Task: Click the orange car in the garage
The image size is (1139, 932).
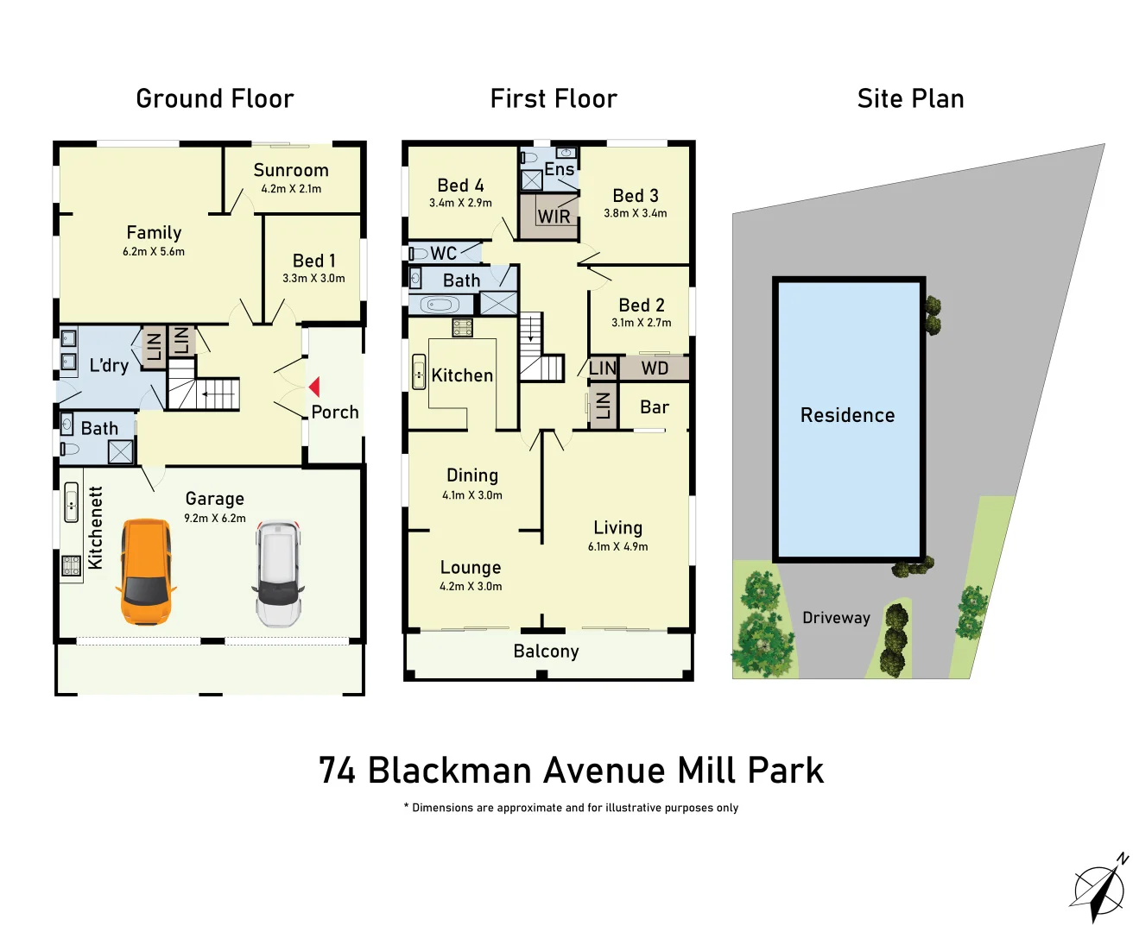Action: [146, 571]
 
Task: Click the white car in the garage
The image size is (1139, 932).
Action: [278, 572]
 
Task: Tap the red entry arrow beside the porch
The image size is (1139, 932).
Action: [314, 387]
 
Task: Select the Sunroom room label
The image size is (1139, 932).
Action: [291, 170]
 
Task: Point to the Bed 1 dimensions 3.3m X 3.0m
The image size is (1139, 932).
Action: [313, 279]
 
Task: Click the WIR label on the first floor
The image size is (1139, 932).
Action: [554, 217]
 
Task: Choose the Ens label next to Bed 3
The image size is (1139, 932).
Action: [559, 169]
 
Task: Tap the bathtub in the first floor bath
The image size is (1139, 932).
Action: [440, 305]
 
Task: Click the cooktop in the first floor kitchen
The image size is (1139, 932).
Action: [462, 327]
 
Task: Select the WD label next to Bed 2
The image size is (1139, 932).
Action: [655, 368]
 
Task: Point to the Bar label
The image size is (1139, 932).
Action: [655, 407]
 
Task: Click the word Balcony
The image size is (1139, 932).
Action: [546, 652]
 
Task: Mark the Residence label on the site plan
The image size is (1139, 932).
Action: [847, 415]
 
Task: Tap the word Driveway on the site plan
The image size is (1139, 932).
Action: [836, 618]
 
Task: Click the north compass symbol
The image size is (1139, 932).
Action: [1099, 889]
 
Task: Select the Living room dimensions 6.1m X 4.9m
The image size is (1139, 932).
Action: [617, 546]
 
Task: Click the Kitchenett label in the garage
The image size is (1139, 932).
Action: [95, 527]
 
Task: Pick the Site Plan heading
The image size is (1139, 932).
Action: [910, 99]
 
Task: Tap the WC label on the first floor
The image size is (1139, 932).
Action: [443, 253]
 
